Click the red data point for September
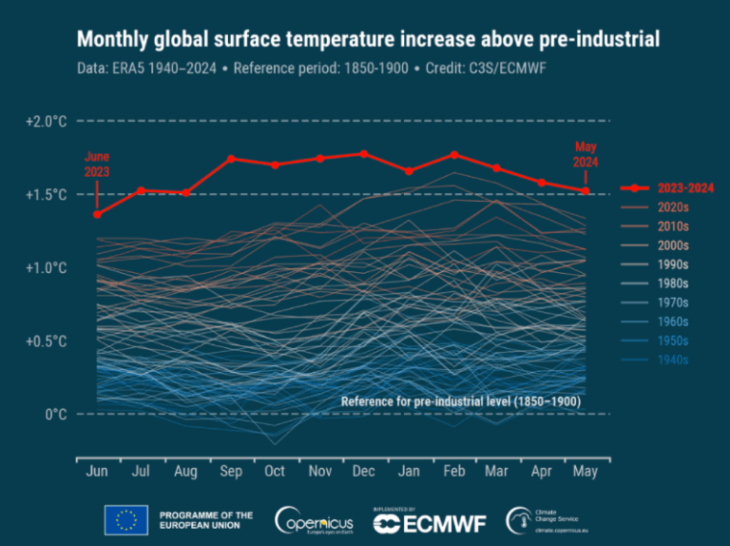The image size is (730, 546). [231, 159]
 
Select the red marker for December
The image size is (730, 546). [364, 153]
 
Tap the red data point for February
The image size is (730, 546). [454, 154]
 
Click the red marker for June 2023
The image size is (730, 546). [97, 214]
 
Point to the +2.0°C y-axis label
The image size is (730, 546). [46, 122]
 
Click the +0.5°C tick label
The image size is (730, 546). [46, 341]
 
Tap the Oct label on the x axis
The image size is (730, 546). [275, 473]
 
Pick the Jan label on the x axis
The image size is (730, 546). [409, 473]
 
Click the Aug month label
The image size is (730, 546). [185, 473]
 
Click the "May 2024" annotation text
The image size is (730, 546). [586, 154]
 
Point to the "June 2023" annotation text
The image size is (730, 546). [97, 165]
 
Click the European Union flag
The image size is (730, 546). [125, 519]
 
